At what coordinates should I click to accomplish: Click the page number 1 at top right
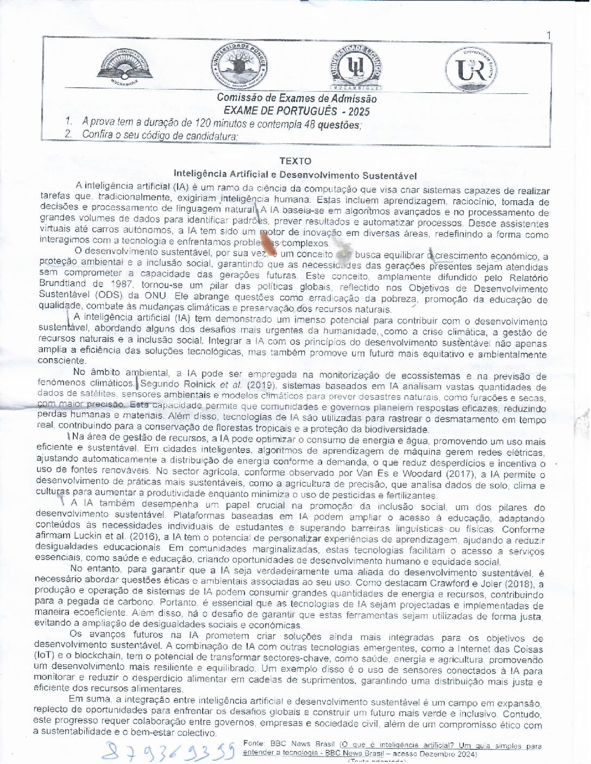(548, 36)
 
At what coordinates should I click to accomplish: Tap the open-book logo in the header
(125, 67)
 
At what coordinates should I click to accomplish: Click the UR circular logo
(470, 70)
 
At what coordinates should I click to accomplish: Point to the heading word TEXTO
(295, 161)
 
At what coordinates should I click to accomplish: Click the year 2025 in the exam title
(358, 112)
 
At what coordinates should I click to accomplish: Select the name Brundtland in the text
(62, 283)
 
